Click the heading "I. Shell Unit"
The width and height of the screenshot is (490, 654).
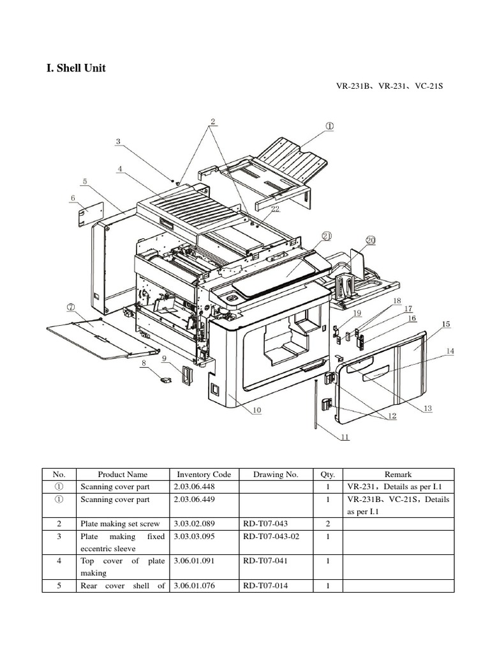point(76,68)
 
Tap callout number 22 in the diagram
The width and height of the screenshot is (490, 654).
point(275,209)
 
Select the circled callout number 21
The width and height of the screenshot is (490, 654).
point(327,236)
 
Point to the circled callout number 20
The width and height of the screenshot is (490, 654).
point(371,240)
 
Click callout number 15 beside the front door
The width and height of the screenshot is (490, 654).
point(445,324)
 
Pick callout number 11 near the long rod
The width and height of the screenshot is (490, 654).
point(345,437)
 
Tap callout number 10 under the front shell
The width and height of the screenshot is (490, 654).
point(256,411)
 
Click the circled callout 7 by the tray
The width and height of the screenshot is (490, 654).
point(71,307)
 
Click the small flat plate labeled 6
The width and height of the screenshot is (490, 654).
point(90,215)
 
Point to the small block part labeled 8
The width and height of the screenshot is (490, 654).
point(165,380)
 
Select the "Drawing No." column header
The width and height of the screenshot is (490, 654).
point(276,475)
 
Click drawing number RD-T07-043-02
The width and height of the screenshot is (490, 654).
point(271,536)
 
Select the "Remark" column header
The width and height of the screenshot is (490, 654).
point(398,475)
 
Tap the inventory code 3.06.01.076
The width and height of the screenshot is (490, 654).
point(195,586)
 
